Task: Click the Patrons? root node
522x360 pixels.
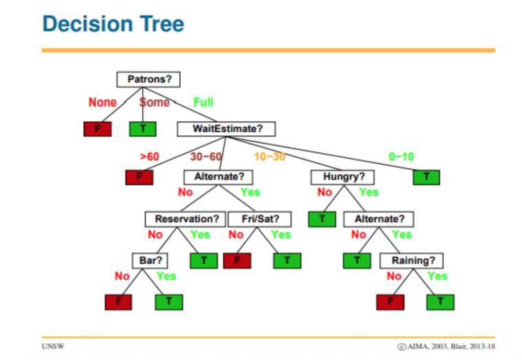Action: (148, 79)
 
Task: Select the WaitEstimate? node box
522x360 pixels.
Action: (227, 129)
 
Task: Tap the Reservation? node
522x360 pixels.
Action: (185, 219)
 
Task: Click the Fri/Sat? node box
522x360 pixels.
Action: (260, 219)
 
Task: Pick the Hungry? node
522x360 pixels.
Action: (343, 177)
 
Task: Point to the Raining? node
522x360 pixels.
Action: (412, 261)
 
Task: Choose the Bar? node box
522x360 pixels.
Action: (150, 261)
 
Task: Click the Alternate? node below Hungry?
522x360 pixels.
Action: (379, 219)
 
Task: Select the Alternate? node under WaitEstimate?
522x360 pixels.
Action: (218, 177)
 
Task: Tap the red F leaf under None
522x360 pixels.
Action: (98, 129)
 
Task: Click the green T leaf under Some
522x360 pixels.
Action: (143, 129)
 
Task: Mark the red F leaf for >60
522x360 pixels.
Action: (139, 177)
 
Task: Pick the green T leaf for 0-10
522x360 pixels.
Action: (427, 177)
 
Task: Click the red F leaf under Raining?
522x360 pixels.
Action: (391, 302)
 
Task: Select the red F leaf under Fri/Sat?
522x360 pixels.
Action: (238, 261)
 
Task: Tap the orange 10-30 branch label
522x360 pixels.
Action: (270, 157)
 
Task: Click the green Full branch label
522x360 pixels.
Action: (203, 102)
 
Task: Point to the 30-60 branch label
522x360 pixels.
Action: (206, 157)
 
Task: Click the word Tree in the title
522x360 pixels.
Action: (162, 24)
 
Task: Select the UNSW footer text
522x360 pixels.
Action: (53, 346)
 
